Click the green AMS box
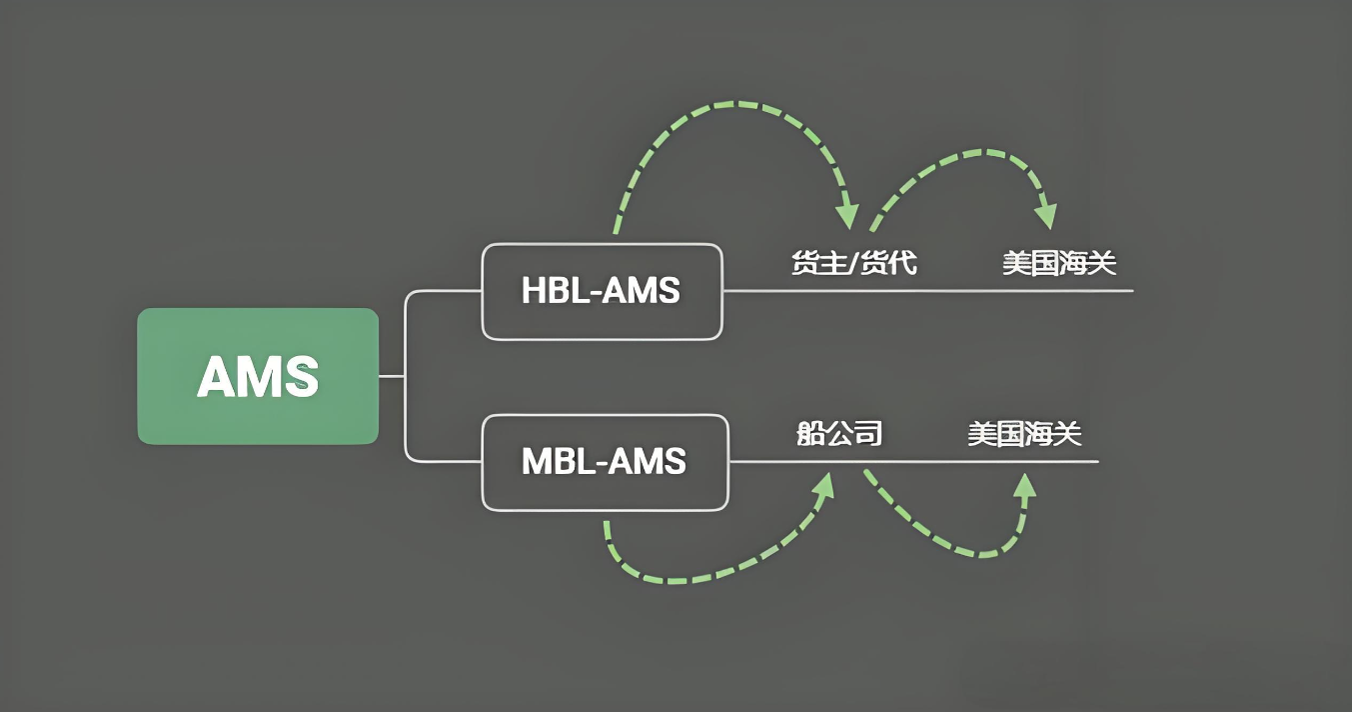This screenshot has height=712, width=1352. click(258, 376)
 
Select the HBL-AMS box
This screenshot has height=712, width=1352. click(602, 291)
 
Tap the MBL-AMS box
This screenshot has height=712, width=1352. click(605, 461)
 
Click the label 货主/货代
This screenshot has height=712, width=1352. click(853, 264)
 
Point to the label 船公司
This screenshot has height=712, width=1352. click(839, 434)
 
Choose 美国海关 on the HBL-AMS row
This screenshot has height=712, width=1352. click(1059, 264)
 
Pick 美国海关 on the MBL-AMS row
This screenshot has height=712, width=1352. click(1024, 434)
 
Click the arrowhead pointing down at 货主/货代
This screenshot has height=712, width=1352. click(847, 215)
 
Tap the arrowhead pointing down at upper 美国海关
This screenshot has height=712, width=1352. click(1046, 215)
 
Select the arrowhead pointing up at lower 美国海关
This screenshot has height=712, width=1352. click(1024, 486)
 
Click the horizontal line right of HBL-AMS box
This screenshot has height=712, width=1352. click(929, 291)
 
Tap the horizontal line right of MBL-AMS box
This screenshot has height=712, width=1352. click(914, 461)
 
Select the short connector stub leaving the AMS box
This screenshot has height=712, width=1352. click(391, 376)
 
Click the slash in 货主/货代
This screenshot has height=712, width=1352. click(853, 264)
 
